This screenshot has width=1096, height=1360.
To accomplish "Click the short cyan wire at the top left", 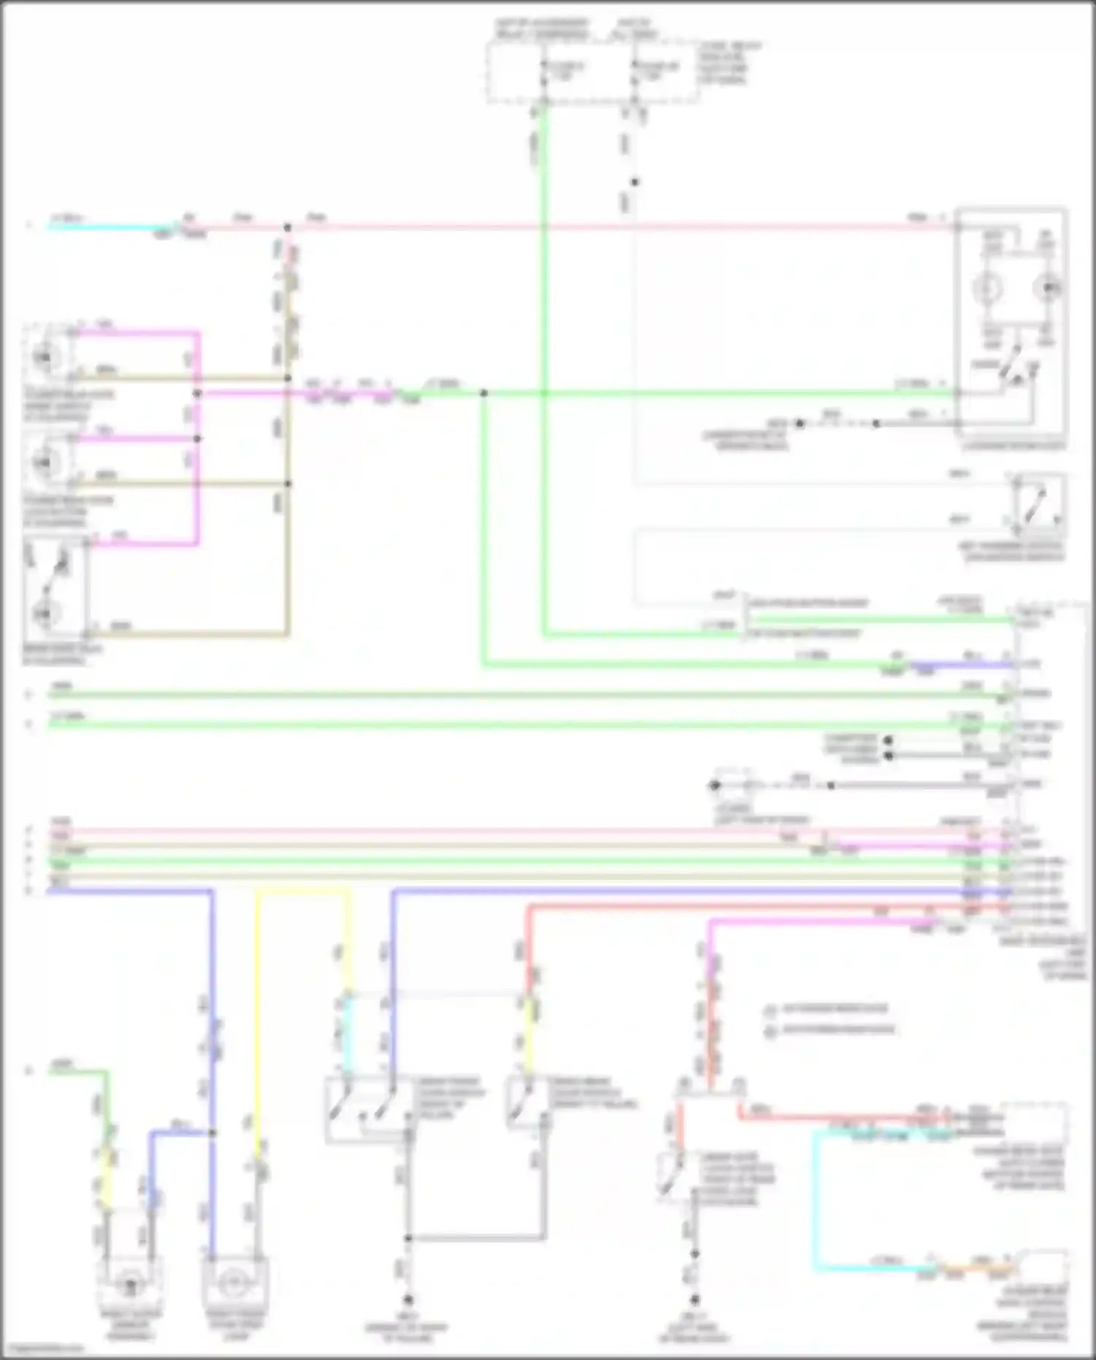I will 110,227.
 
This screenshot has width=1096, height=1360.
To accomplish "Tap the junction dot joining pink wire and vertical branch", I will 287,228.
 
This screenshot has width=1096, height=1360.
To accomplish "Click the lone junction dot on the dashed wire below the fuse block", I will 634,182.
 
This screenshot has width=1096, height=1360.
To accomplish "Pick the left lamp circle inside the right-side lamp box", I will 986,289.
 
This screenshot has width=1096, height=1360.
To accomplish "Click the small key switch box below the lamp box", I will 1036,503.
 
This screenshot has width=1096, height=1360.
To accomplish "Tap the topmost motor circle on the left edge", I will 44,357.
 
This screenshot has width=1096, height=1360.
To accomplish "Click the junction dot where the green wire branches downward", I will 483,393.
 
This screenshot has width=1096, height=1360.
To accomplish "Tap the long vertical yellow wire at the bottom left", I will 258,1023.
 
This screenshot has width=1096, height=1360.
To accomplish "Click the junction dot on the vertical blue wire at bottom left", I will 213,1133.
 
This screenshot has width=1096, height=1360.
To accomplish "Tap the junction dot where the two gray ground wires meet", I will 408,1238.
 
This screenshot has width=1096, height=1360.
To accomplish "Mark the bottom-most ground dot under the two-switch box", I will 408,1300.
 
